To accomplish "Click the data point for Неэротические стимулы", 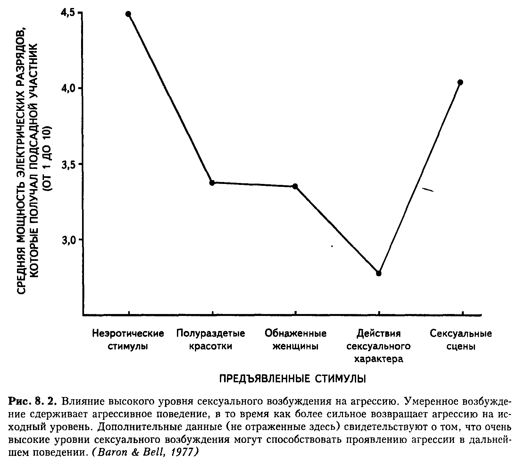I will coord(128,14).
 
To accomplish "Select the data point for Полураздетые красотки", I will coord(212,183).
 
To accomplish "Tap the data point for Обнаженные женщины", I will coord(295,186).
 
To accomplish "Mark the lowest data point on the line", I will coord(379,273).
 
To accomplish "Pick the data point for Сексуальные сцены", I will coord(461,82).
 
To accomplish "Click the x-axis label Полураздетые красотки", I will coord(211,340).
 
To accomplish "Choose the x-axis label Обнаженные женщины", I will coord(295,340).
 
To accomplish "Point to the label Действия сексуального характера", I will coord(379,346).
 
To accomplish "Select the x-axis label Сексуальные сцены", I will coord(461,340).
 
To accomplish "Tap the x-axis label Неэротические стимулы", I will coord(128,340).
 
